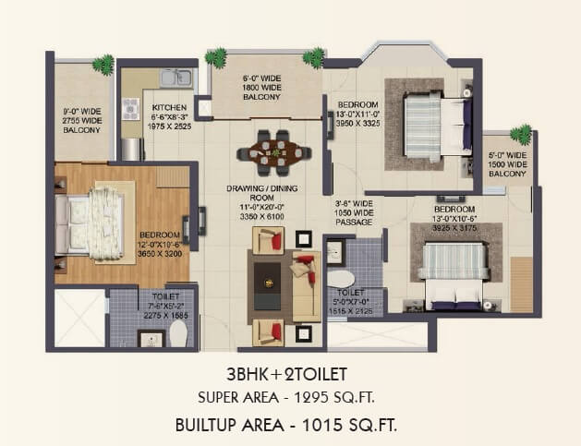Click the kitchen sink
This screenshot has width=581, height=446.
175,79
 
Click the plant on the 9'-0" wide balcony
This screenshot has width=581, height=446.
103,65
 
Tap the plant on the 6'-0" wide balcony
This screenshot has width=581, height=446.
216,57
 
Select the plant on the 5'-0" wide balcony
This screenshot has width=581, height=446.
521,134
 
